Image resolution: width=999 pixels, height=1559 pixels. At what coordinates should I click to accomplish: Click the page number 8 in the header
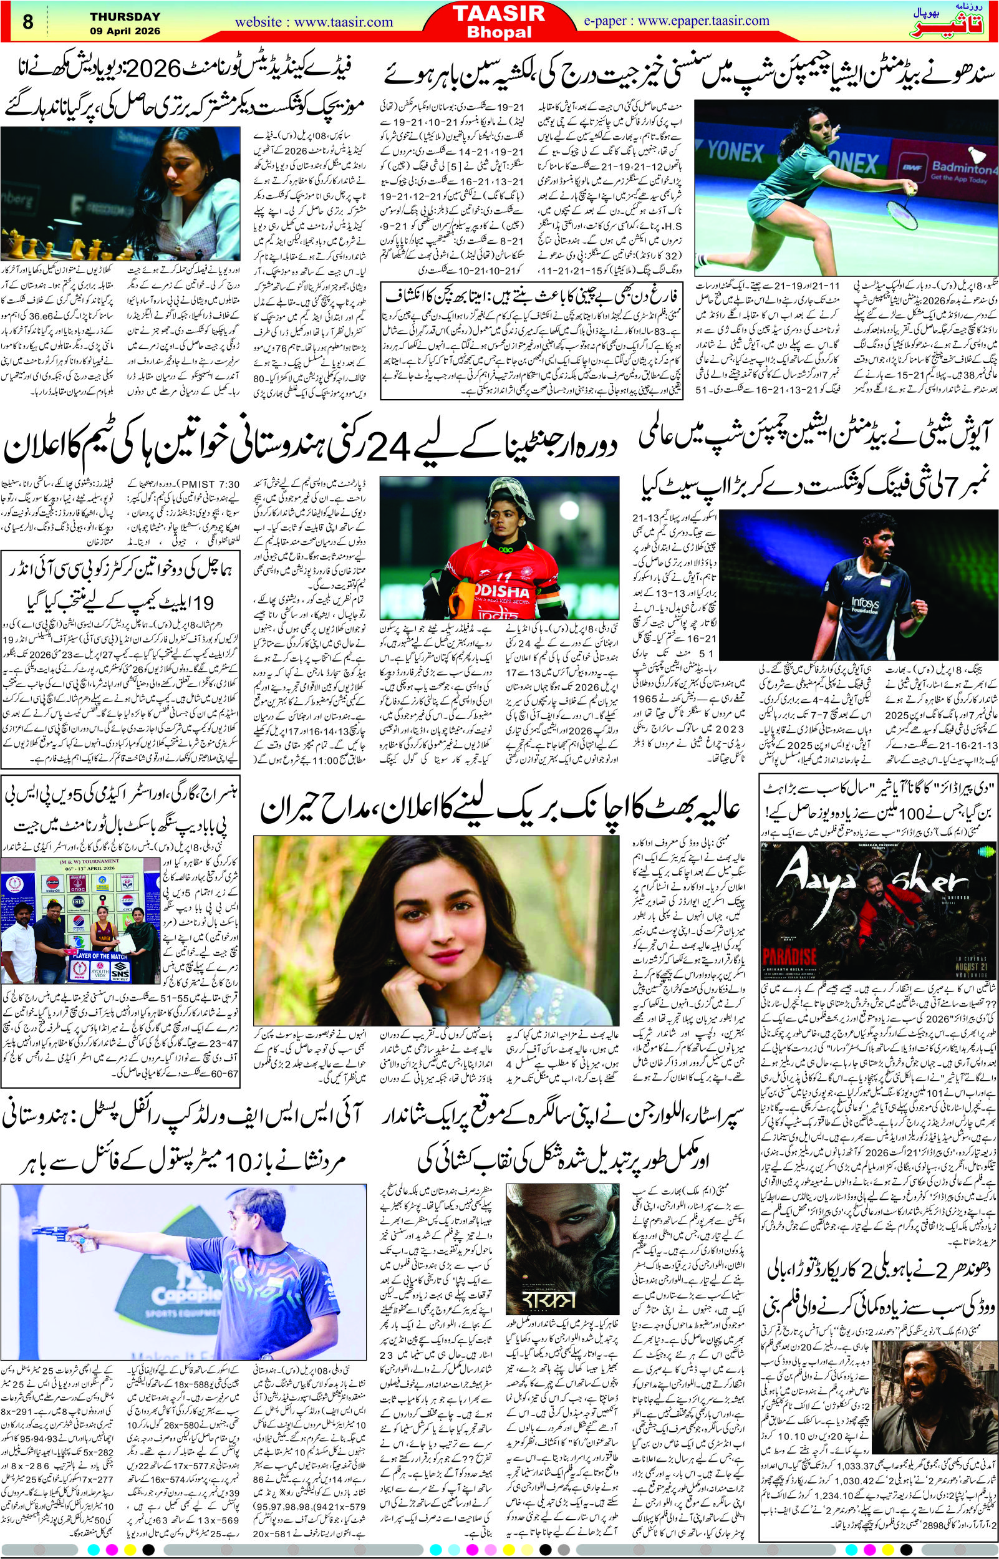pyautogui.click(x=28, y=22)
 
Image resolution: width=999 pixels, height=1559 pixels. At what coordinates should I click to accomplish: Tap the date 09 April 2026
pyautogui.click(x=125, y=31)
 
